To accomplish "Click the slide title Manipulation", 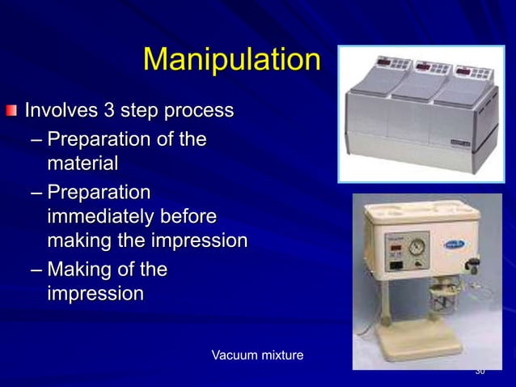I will click(231, 60).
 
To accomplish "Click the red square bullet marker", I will click(11, 110).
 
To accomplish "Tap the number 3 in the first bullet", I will click(106, 109).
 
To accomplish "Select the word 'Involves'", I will click(61, 109).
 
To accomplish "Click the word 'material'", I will click(82, 164).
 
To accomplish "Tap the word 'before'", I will click(192, 217).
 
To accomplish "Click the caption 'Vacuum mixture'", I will click(257, 355).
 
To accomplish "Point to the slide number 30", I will click(480, 372).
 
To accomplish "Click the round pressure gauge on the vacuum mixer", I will click(417, 245).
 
